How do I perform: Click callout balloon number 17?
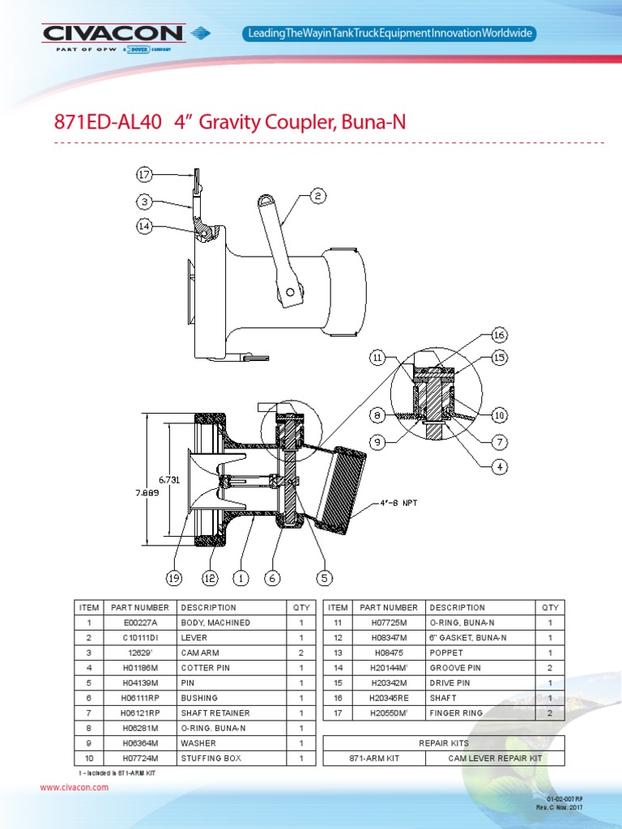click(x=143, y=174)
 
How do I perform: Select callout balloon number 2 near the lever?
click(x=318, y=195)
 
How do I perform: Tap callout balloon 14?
click(x=143, y=227)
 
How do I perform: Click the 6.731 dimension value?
click(x=168, y=480)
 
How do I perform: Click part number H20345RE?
click(x=390, y=698)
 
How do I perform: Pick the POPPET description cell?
click(x=446, y=653)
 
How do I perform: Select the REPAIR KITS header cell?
click(x=443, y=742)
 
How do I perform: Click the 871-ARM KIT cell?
click(x=374, y=759)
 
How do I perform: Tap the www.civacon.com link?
click(x=74, y=787)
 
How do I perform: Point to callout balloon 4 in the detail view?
click(x=499, y=466)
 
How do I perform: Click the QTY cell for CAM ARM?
click(x=300, y=653)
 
